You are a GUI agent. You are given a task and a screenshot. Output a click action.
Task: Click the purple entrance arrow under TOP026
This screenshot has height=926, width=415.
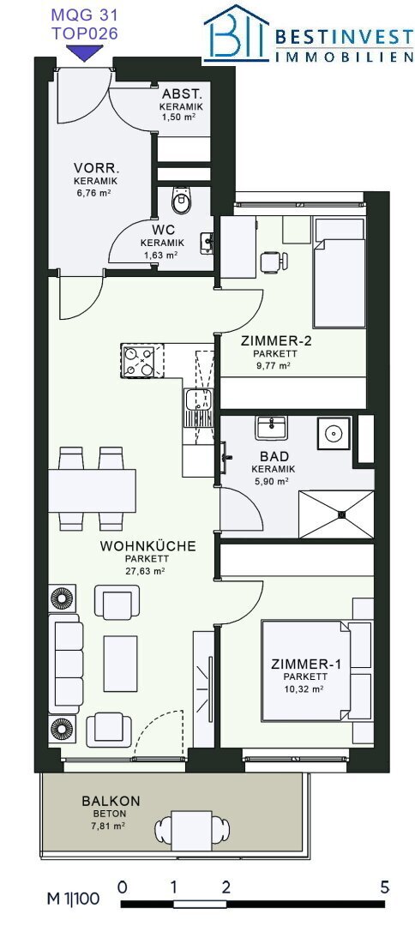pyautogui.click(x=84, y=54)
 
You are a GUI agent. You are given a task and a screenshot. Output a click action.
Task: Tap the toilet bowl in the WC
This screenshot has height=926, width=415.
pyautogui.click(x=181, y=201)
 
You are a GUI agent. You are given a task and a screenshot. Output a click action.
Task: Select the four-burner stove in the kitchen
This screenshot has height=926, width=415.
pyautogui.click(x=138, y=361)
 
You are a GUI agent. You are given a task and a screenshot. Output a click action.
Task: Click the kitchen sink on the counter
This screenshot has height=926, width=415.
pyautogui.click(x=198, y=407)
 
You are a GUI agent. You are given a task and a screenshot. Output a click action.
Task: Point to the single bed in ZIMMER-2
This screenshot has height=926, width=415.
pyautogui.click(x=339, y=273)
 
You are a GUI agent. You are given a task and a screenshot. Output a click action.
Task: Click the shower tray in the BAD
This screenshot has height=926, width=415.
pyautogui.click(x=336, y=514)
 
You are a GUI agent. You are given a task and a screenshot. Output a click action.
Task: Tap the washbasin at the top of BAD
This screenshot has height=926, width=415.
pyautogui.click(x=271, y=427)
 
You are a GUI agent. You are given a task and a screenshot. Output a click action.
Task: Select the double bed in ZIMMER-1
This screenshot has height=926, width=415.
pyautogui.click(x=316, y=670)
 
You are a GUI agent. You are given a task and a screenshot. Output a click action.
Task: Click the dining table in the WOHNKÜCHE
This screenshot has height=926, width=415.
pyautogui.click(x=92, y=490)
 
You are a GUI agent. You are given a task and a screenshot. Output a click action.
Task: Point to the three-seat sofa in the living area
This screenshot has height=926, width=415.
pyautogui.click(x=66, y=660)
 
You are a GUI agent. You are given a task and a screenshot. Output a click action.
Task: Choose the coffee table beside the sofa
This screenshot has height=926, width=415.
pyautogui.click(x=120, y=663)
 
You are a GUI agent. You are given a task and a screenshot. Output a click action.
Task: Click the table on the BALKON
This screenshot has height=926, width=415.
pyautogui.click(x=191, y=831)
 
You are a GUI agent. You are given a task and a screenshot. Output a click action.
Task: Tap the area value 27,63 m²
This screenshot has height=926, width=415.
pyautogui.click(x=144, y=571)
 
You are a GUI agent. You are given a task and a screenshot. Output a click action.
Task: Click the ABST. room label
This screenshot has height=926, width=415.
pyautogui.click(x=183, y=94)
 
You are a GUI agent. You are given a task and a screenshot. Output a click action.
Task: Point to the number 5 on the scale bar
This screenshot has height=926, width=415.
pyautogui.click(x=385, y=887)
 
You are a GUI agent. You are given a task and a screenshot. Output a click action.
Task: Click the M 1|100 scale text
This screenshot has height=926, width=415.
pyautogui.click(x=73, y=900)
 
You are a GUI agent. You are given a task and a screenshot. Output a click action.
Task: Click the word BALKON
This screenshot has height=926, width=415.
pyautogui.click(x=111, y=802)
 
